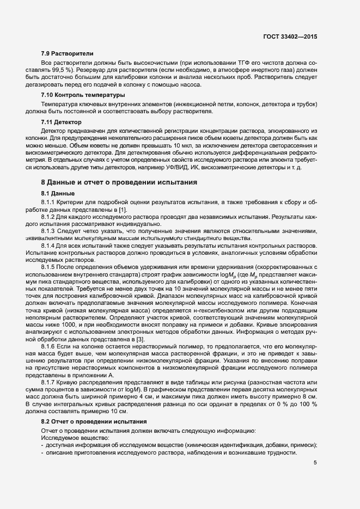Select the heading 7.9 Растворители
click(68, 54)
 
